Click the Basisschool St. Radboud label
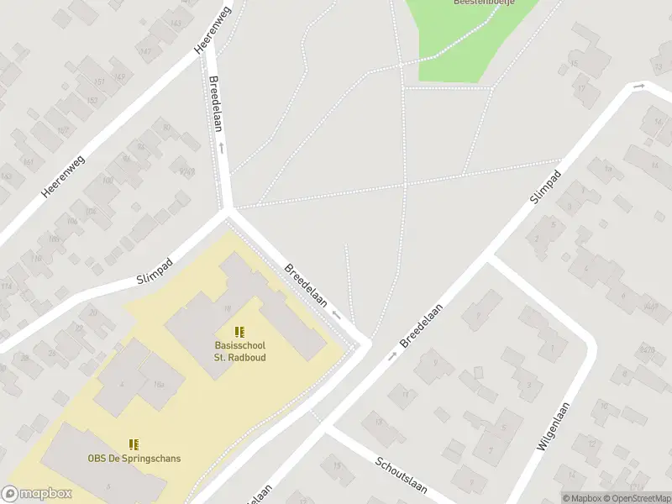tap(239, 351)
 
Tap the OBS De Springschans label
tap(134, 459)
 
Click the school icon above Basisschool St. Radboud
tap(239, 333)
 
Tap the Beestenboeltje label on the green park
tap(483, 3)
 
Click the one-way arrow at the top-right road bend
tap(640, 86)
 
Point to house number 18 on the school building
tap(227, 308)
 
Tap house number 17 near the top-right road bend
tap(581, 87)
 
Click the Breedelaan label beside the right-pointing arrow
tap(422, 323)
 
